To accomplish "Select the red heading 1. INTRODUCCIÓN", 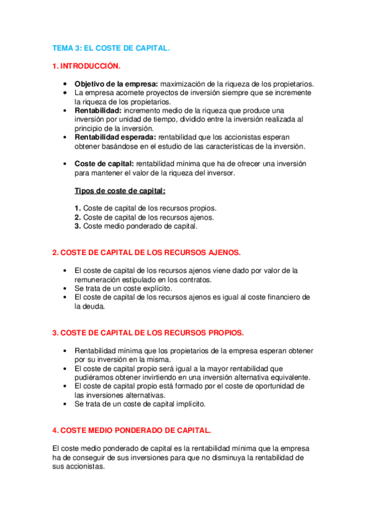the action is coord(86,65).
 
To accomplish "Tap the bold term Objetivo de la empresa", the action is coord(116,83).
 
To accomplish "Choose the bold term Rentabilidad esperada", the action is coord(115,137).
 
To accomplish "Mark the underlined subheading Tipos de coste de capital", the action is coord(115,191).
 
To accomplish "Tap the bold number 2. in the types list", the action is coord(78,217).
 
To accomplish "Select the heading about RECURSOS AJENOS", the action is coord(146,253).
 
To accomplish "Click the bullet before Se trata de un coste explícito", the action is coord(66,288).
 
